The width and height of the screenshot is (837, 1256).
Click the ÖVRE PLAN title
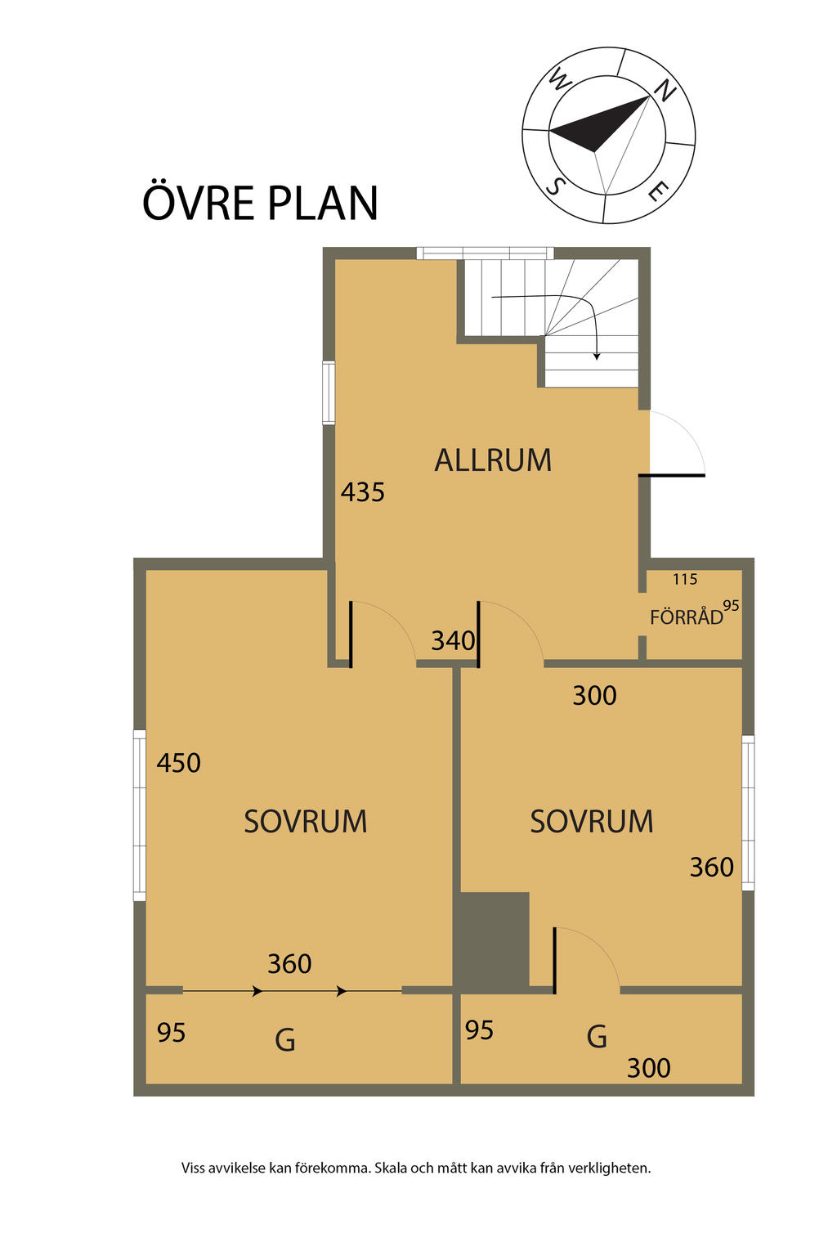(x=260, y=203)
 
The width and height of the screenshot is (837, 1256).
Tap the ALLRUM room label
(x=493, y=460)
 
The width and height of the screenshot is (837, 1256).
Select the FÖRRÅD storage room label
(x=686, y=617)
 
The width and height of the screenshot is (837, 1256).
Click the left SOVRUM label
(x=305, y=821)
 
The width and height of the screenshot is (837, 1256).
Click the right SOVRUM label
(x=591, y=821)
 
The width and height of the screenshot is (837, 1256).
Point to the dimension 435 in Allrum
(x=362, y=492)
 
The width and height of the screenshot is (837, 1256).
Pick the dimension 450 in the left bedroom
(x=178, y=763)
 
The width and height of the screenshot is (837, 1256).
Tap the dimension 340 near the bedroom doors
(x=453, y=640)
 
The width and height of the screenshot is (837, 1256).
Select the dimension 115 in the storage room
(x=685, y=579)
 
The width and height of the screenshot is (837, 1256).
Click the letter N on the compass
(x=665, y=90)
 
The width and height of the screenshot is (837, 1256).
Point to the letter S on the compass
(x=555, y=186)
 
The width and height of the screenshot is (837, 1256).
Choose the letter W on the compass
(x=559, y=80)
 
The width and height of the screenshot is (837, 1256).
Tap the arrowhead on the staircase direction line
(x=597, y=356)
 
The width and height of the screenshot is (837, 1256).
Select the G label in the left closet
(x=284, y=1040)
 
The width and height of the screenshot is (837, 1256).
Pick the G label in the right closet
(x=597, y=1037)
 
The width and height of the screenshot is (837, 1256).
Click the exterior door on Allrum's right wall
(x=673, y=473)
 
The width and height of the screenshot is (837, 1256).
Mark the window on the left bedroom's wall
(x=140, y=815)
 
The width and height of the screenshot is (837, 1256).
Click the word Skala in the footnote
(x=393, y=1168)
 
